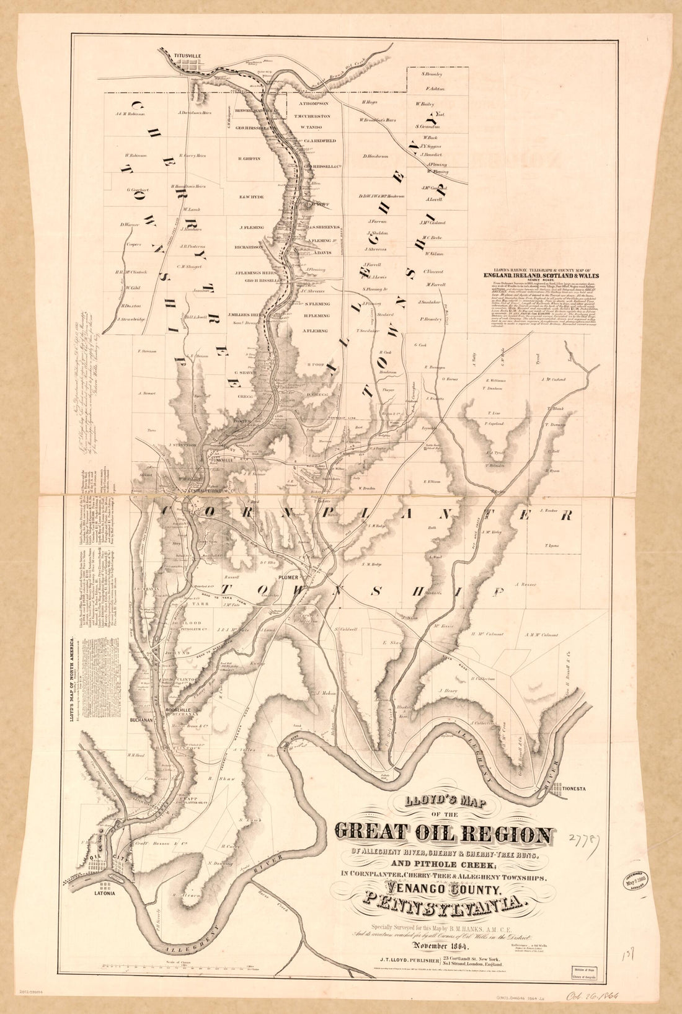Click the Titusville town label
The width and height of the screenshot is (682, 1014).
click(188, 56)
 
